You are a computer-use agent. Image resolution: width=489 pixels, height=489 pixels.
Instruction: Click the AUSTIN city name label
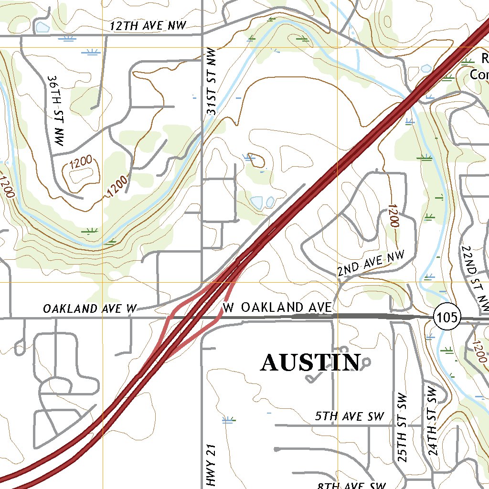coord(310,363)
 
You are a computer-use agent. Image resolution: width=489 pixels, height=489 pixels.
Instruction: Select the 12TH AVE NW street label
coord(148,26)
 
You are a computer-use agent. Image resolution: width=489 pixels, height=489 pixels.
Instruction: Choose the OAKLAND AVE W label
coord(90,309)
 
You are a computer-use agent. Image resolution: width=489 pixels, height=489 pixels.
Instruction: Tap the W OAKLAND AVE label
coord(277,307)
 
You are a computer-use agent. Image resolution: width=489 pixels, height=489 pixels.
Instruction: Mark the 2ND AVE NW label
coord(371,264)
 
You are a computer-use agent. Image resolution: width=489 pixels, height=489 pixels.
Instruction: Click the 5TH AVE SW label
coord(350,416)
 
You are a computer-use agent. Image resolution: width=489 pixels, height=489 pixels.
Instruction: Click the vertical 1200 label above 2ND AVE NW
coord(393,216)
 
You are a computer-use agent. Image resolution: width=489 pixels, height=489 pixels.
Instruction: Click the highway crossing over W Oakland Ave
coord(196,316)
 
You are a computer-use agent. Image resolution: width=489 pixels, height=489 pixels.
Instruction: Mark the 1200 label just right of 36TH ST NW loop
coord(117,187)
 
